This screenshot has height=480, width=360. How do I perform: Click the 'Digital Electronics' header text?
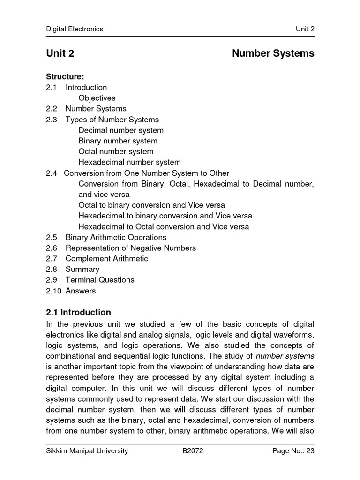tap(75, 29)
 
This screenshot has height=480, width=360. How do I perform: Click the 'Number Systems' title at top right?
tap(273, 53)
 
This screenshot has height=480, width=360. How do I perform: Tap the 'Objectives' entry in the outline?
tap(97, 98)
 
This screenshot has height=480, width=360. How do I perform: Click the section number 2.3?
tap(52, 120)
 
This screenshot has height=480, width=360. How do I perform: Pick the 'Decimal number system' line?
tap(121, 130)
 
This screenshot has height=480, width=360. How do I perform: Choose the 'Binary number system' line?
tap(118, 141)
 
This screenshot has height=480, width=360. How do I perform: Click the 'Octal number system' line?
tap(116, 152)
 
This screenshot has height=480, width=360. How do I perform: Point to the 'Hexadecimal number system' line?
tap(129, 163)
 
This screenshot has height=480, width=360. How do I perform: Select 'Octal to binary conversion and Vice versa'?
tap(151, 205)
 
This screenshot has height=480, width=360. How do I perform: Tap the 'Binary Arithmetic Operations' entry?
tap(116, 237)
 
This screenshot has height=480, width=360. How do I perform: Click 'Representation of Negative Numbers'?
tap(130, 248)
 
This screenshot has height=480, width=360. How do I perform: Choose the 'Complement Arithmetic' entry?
tap(106, 259)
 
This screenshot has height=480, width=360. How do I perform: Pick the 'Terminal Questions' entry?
tap(100, 280)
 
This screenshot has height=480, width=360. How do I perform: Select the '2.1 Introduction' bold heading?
tap(79, 312)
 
